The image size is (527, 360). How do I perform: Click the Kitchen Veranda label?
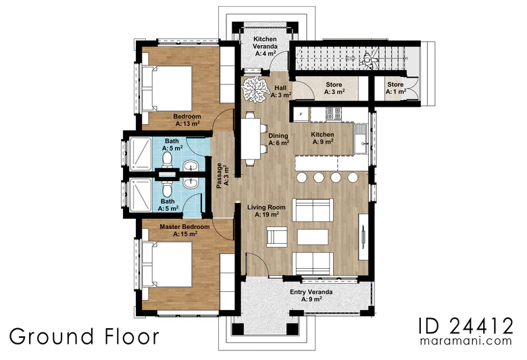tap(265, 46)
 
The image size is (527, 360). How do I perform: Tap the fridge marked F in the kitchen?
tap(301, 115)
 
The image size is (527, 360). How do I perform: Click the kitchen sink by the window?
tap(361, 139)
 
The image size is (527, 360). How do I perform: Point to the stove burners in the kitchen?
tap(334, 113)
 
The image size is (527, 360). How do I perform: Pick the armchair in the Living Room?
tap(277, 236)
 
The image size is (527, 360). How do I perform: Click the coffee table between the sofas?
tap(313, 237)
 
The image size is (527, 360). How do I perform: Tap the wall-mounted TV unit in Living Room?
tap(363, 236)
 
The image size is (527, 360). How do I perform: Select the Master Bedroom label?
tap(184, 230)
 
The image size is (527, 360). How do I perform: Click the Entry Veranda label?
tap(311, 295)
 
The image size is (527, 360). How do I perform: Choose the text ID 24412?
tap(466, 326)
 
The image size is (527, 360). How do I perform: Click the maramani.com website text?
tap(466, 341)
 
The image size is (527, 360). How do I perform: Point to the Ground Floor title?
tap(84, 336)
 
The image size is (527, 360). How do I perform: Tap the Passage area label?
tap(222, 176)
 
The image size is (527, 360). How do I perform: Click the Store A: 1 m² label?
tap(395, 88)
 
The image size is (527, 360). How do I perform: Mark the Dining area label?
tap(278, 139)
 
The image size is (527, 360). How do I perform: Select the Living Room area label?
tap(266, 211)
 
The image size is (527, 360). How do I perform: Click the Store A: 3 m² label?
tap(334, 88)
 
